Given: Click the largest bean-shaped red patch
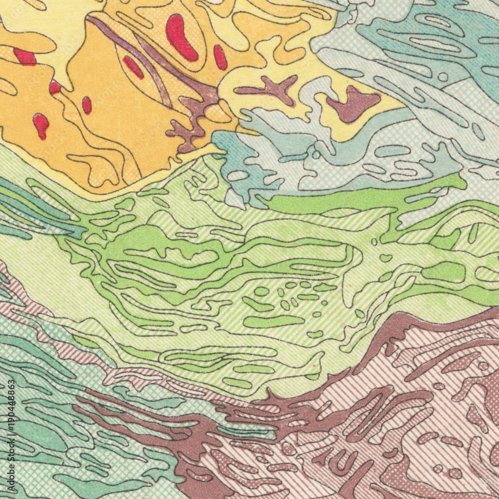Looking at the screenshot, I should [x=181, y=37].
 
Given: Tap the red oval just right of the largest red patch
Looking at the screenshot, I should [x=220, y=57].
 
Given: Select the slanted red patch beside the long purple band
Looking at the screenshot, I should [x=133, y=67].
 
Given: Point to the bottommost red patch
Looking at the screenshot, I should [x=41, y=125].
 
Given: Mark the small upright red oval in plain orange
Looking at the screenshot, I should [x=87, y=105].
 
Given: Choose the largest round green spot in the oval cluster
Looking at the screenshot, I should [x=261, y=291].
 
